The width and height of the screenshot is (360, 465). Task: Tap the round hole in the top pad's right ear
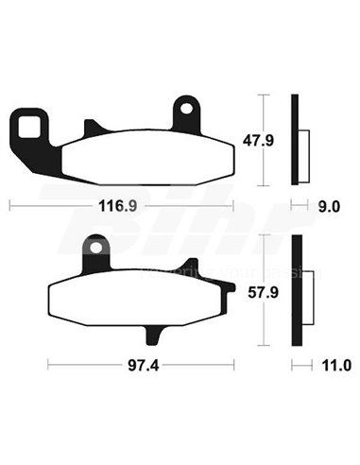click(186, 111)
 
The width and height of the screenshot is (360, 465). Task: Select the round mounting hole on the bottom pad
click(96, 247)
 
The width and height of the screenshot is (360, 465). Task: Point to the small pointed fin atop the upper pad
click(92, 127)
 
